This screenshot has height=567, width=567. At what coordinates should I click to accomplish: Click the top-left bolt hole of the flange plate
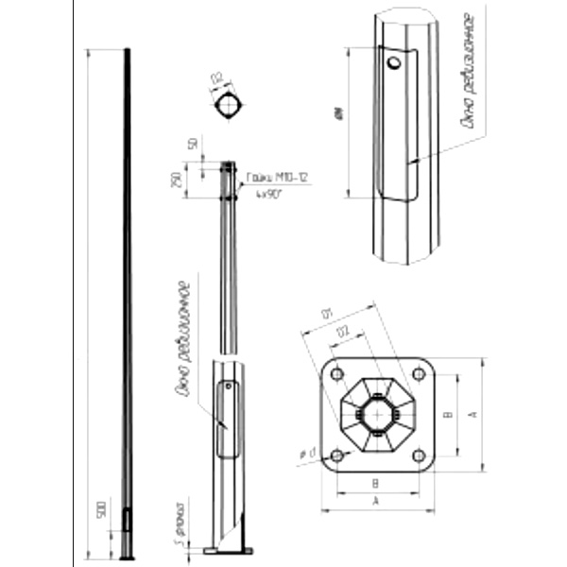(x=336, y=373)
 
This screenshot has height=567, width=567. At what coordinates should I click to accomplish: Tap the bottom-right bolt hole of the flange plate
(x=419, y=455)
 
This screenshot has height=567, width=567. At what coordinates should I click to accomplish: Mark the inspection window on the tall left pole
(x=129, y=519)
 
